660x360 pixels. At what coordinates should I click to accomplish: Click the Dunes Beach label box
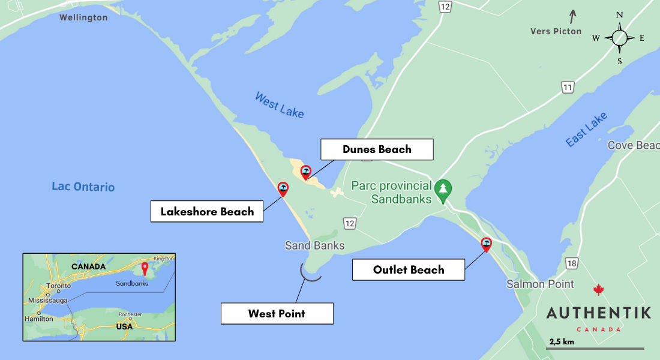point(377,149)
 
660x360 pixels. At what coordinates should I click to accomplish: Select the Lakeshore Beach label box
point(207,211)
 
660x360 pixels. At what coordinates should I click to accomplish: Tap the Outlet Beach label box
point(409,269)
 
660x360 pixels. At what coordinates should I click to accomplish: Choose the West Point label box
point(277,313)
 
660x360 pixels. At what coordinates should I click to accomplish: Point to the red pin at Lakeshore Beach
point(283,190)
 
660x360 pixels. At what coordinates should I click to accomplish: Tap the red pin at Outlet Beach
point(487,244)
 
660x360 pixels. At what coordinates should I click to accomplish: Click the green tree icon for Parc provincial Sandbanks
point(443,190)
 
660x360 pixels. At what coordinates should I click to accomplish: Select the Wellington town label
point(83,17)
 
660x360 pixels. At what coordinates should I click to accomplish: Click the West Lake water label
point(279,104)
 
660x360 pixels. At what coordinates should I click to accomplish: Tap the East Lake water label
point(586,129)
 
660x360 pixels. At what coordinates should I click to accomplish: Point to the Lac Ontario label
point(83,187)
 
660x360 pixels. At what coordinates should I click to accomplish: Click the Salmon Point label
point(540,284)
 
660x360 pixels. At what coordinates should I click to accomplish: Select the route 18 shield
point(571,264)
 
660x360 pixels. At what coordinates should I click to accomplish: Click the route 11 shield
point(568,88)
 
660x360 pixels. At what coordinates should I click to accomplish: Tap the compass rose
point(620,37)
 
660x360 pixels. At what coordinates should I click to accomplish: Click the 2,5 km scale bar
point(595,348)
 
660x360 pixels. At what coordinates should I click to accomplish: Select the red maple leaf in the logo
point(598,290)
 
